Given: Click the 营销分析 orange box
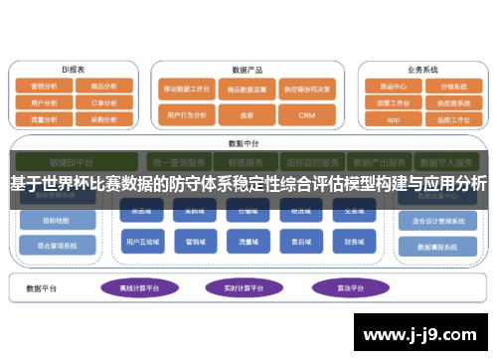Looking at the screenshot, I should click(x=44, y=87).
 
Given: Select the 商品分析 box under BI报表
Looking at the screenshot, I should click(x=103, y=87).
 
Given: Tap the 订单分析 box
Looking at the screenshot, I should click(x=103, y=101).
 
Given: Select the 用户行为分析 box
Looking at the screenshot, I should click(x=187, y=115).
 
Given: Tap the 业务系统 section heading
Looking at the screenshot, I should click(x=421, y=70).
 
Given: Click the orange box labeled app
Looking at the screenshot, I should click(x=393, y=118).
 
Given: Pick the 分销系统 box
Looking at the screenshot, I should click(x=452, y=87).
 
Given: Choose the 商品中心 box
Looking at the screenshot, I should click(x=393, y=87).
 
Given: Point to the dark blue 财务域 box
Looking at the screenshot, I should click(x=354, y=242).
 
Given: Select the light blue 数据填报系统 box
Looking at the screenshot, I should click(x=437, y=246).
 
